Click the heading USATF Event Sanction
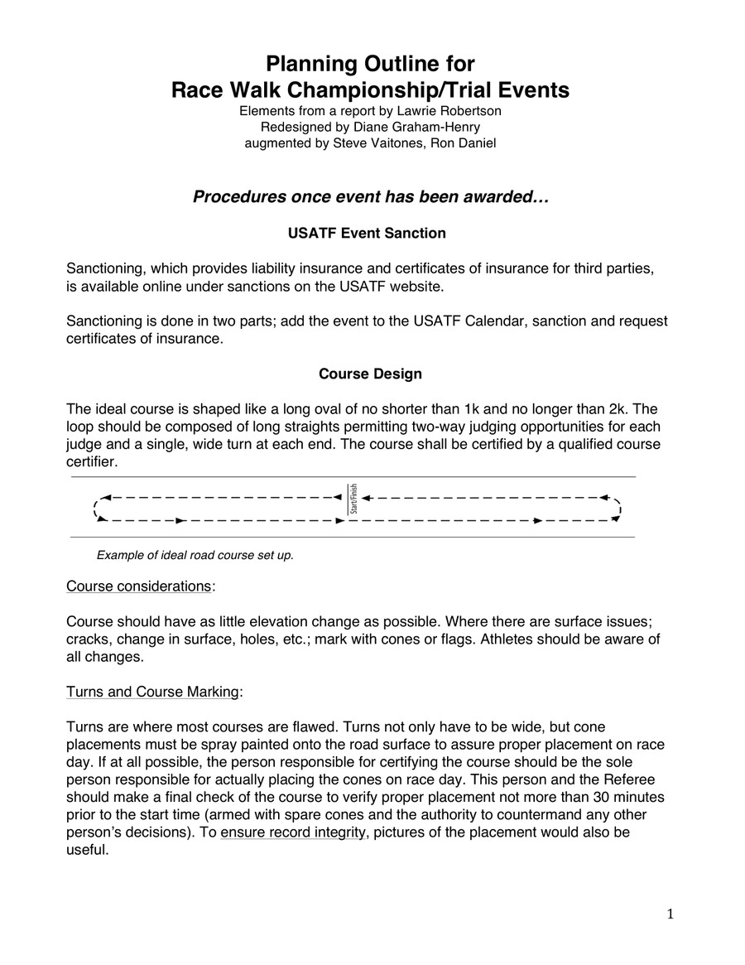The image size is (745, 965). coord(367,233)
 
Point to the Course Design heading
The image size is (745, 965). coord(370,374)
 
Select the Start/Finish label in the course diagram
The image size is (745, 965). coord(353,499)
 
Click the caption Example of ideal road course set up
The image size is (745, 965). coord(195,555)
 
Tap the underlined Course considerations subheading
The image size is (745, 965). coord(138,586)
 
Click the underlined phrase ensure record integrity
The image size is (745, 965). coord(293,833)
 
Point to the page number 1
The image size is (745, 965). coord(670,914)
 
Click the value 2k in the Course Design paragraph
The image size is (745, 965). coord(617,409)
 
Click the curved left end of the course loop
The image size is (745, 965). coord(98,509)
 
